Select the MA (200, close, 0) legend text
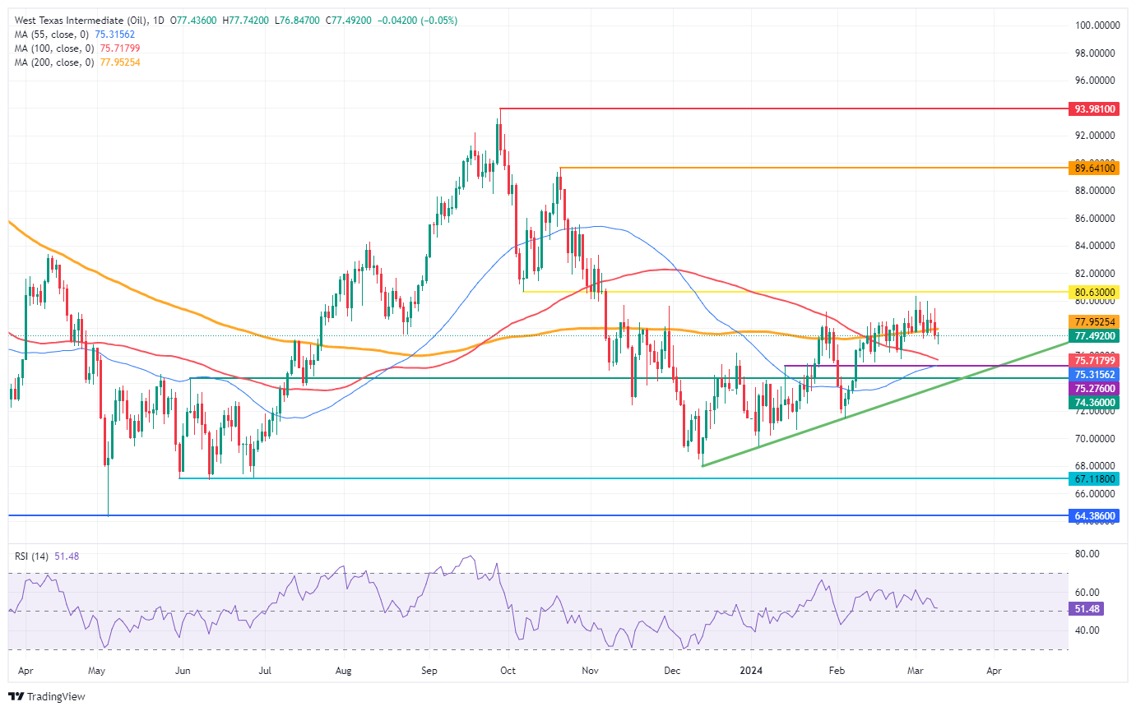[54, 62]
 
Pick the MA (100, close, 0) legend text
[54, 48]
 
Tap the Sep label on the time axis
[429, 671]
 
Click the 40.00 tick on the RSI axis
[1087, 630]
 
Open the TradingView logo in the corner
[49, 696]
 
